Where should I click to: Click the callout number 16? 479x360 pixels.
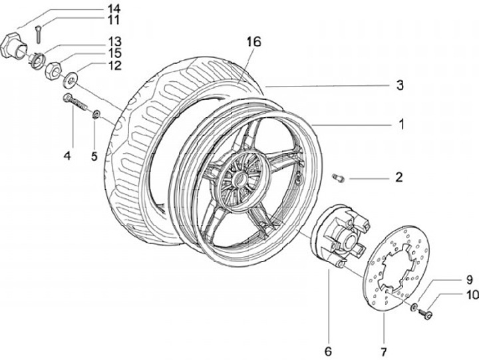point(254,42)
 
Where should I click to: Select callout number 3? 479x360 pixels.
point(400,85)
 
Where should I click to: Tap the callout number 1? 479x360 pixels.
point(401,124)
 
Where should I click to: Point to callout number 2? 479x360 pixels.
point(399,177)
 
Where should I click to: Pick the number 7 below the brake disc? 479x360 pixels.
point(384,352)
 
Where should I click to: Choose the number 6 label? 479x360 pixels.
point(328,351)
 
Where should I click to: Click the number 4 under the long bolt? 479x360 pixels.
point(67,156)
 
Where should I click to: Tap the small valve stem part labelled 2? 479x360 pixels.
point(339,178)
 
